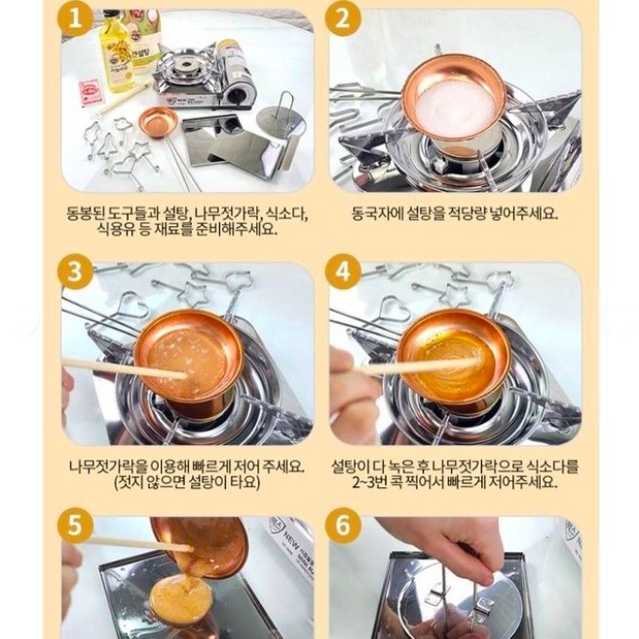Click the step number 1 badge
(x=75, y=19)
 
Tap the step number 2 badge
(x=343, y=19)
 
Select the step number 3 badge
(x=75, y=271)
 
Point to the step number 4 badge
(x=343, y=271)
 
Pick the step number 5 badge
(x=75, y=525)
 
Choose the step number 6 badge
(x=343, y=525)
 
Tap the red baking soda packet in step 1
(x=92, y=93)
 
